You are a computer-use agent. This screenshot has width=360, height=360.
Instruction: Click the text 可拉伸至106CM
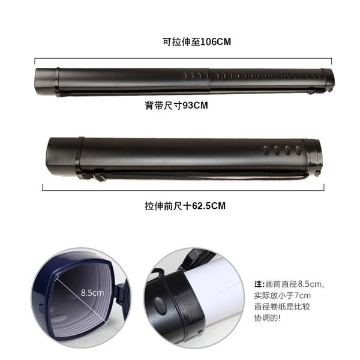[197, 42]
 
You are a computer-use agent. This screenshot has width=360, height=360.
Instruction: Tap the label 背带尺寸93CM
[176, 106]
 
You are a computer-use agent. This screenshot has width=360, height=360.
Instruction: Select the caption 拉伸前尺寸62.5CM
[185, 206]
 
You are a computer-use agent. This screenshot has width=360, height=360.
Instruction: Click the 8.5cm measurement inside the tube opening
[92, 293]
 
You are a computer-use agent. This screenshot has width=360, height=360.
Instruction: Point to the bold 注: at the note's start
[259, 284]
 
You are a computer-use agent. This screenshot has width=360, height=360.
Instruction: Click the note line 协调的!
[267, 318]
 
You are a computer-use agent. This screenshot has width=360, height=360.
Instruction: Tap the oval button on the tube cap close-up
[160, 306]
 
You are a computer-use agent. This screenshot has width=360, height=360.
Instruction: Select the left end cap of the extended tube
[47, 82]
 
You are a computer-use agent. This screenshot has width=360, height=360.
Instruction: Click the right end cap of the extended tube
[328, 80]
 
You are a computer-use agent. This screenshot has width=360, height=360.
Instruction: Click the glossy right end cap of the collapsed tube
[313, 156]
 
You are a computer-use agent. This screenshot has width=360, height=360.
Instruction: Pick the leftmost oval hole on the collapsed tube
[266, 150]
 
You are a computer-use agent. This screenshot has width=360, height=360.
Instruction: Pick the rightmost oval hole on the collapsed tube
[298, 150]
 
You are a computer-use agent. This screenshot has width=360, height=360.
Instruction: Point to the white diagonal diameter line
[81, 300]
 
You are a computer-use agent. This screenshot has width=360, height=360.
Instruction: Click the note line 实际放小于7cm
[283, 295]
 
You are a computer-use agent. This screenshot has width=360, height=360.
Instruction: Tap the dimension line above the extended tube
[183, 59]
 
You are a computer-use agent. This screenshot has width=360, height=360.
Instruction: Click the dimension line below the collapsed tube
[183, 190]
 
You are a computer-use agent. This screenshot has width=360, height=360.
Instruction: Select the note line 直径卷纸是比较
[282, 307]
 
